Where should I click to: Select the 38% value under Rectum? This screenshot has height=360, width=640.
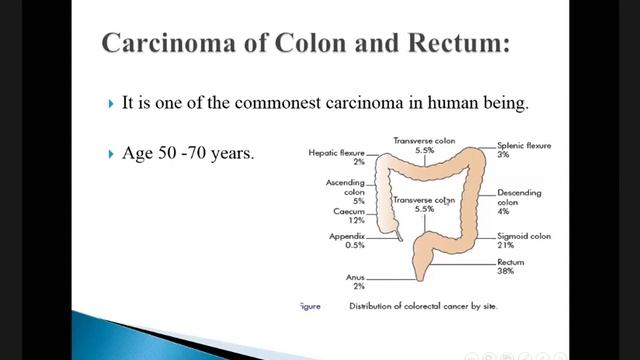pyautogui.click(x=506, y=272)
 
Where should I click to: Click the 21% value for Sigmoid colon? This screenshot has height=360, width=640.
pyautogui.click(x=506, y=244)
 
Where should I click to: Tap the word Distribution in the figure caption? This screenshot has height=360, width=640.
pyautogui.click(x=373, y=306)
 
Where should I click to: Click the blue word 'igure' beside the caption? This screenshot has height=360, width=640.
pyautogui.click(x=311, y=306)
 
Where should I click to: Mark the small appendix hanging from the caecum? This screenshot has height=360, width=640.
pyautogui.click(x=400, y=236)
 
